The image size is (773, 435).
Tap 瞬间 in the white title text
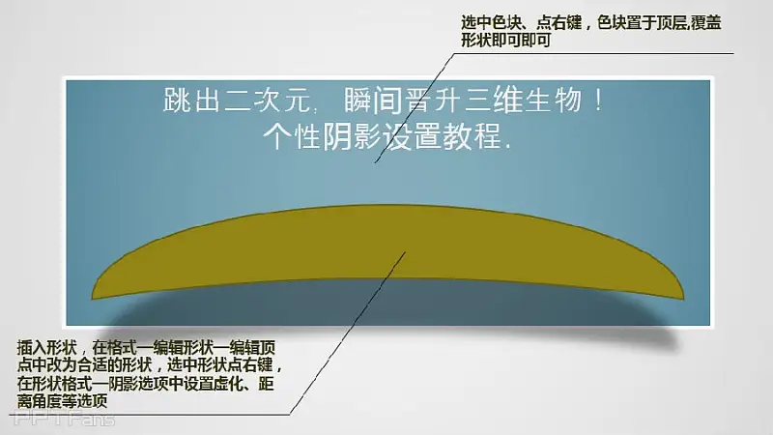click(373, 101)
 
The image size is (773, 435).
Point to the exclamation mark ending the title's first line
click(598, 101)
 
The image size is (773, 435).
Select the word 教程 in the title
click(472, 135)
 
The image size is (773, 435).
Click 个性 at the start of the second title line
click(292, 135)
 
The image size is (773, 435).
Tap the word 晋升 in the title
click(433, 101)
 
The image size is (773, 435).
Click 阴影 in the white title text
click(352, 135)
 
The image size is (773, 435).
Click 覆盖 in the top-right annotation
click(706, 22)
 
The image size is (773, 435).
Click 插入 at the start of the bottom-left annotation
click(32, 348)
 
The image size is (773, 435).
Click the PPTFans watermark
click(64, 419)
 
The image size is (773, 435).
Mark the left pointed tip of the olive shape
click(92, 299)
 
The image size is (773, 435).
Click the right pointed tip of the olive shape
click(684, 299)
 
